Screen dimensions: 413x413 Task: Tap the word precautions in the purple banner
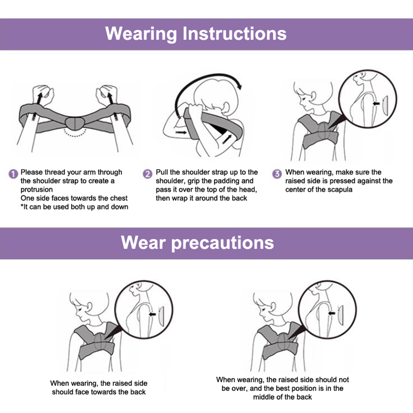click(223, 243)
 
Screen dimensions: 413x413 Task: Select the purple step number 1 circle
click(13, 174)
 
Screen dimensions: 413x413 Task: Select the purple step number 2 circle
click(148, 174)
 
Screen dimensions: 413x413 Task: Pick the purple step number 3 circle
click(277, 174)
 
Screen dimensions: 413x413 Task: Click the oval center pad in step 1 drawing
click(75, 123)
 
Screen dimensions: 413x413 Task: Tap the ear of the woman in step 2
click(226, 108)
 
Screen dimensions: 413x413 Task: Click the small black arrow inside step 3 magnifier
click(376, 104)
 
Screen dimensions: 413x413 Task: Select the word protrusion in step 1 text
click(37, 190)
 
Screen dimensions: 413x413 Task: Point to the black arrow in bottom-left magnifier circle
click(152, 314)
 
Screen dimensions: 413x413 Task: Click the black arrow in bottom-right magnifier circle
click(331, 313)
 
